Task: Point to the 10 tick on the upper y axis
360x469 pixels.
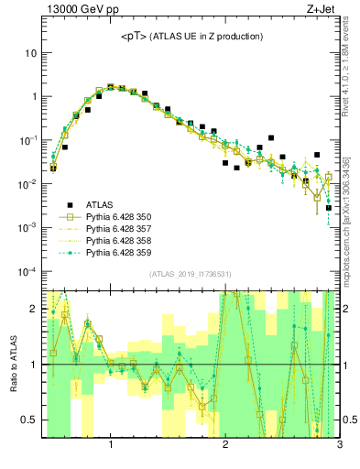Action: (x=31, y=53)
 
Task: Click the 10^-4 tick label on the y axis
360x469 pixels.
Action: (x=27, y=271)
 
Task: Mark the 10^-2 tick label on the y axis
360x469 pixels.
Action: (x=27, y=184)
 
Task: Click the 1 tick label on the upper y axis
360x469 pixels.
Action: (x=34, y=97)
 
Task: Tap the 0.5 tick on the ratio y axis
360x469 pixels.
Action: (x=29, y=420)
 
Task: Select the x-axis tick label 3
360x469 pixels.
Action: (x=339, y=446)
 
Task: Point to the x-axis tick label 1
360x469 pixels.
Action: (x=111, y=446)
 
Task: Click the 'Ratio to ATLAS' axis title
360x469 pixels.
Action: (x=12, y=365)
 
